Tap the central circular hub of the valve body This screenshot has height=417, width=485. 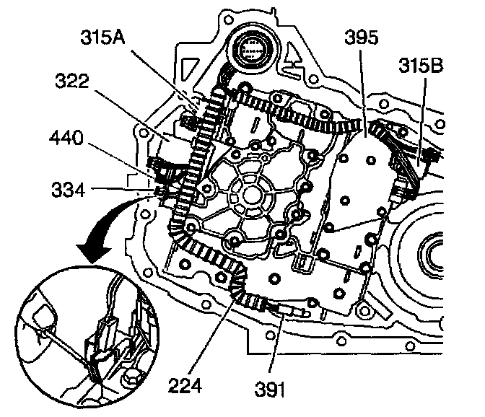(x=247, y=193)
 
